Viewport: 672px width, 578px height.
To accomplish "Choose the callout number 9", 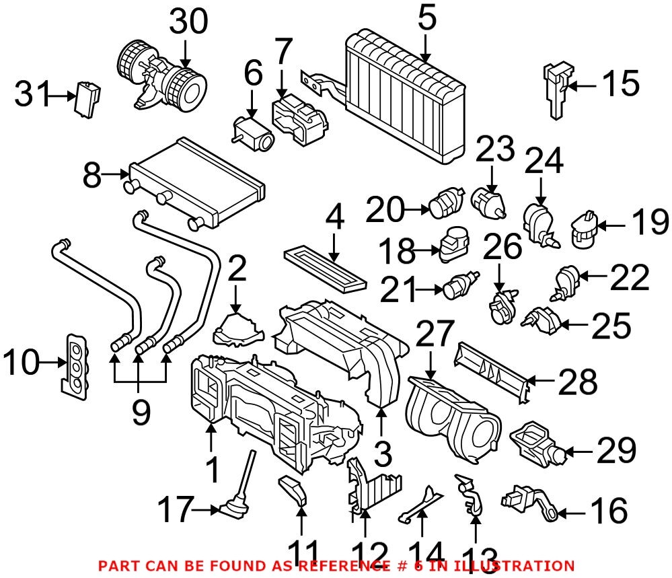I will pos(140,412).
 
